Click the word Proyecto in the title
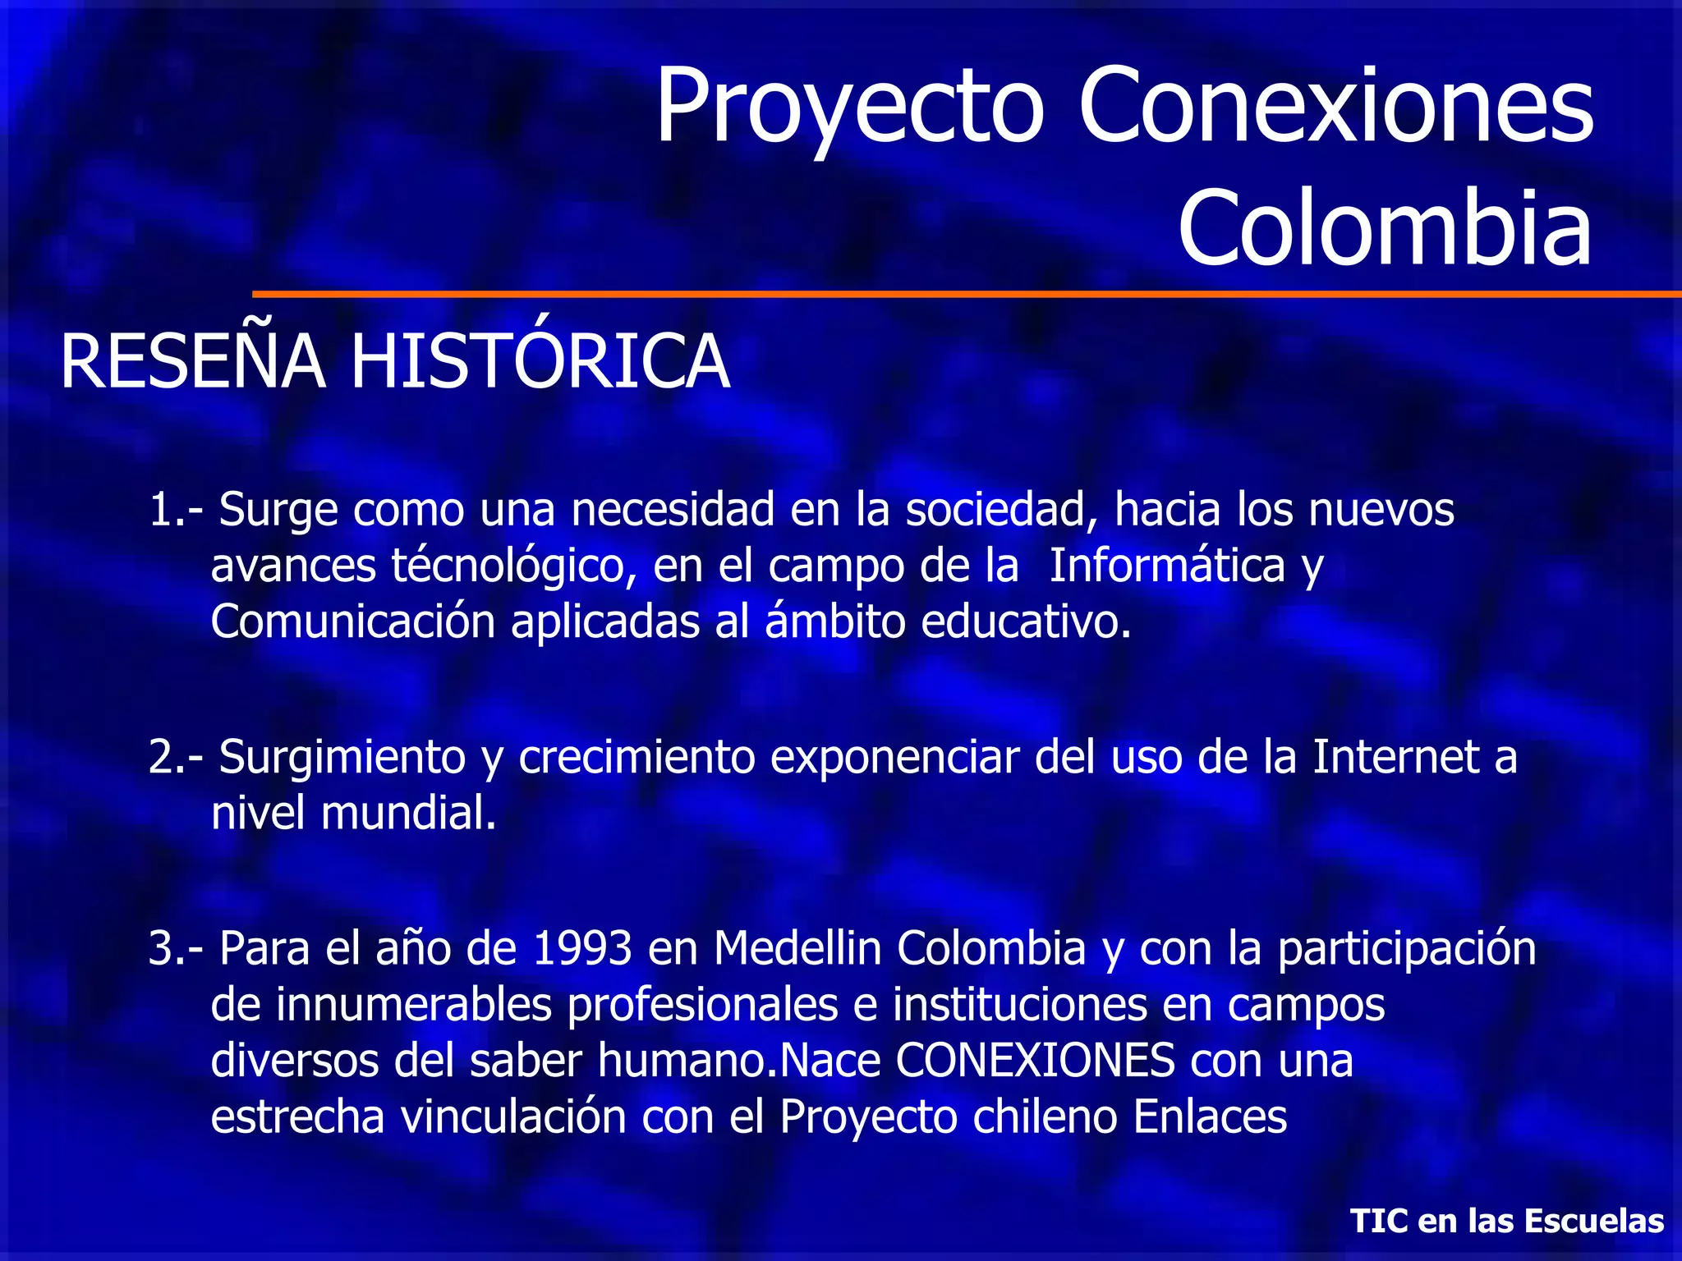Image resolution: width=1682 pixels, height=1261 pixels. (x=850, y=107)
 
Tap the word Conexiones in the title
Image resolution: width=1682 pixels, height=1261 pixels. (x=1335, y=107)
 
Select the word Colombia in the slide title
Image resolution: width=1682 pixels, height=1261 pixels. (x=1385, y=227)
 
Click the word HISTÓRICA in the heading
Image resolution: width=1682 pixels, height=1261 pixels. (x=540, y=362)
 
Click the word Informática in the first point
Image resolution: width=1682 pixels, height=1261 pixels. (x=1167, y=566)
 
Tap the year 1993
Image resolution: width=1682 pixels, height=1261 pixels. (x=582, y=948)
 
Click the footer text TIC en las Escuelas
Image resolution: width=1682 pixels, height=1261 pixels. (x=1507, y=1221)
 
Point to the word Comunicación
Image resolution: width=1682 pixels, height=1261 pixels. (x=353, y=622)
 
